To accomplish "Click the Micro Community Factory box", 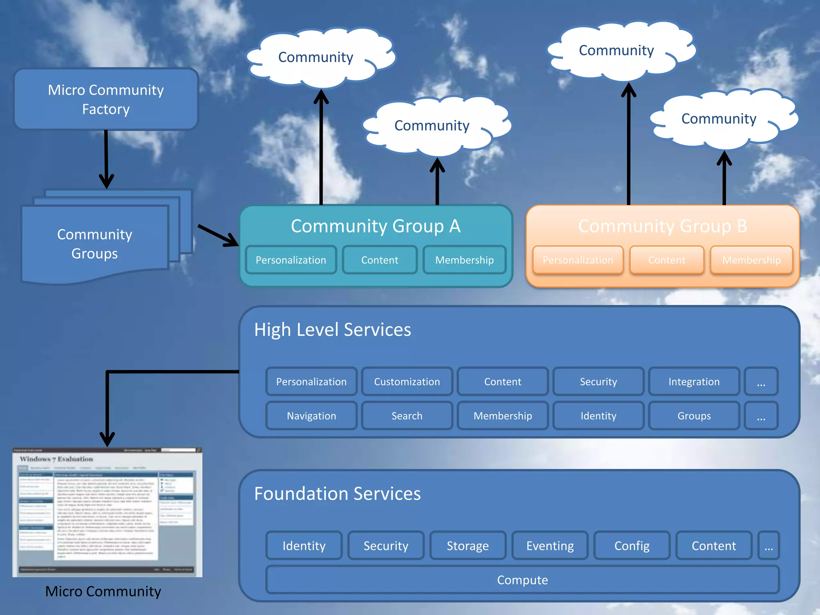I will (x=106, y=99).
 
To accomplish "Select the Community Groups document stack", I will (x=95, y=243).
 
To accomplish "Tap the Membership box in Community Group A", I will (x=464, y=260).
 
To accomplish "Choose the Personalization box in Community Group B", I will (x=578, y=260).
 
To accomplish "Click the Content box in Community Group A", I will (x=380, y=260).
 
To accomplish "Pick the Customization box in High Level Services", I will (x=407, y=382).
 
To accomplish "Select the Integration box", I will (x=694, y=382).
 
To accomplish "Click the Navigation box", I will (x=312, y=416).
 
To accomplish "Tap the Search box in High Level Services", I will (x=407, y=416).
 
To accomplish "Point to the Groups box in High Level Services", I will (x=694, y=416).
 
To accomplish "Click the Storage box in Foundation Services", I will (x=468, y=545).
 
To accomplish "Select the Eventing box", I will (x=550, y=545).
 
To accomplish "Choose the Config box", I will (x=632, y=545).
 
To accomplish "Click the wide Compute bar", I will (x=522, y=579).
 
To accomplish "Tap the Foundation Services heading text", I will (x=337, y=493).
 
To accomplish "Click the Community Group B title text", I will (x=663, y=226).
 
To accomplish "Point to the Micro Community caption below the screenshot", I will (x=103, y=591).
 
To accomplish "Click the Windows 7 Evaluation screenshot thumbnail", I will (x=107, y=512).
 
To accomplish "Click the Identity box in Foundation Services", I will (x=304, y=545).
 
